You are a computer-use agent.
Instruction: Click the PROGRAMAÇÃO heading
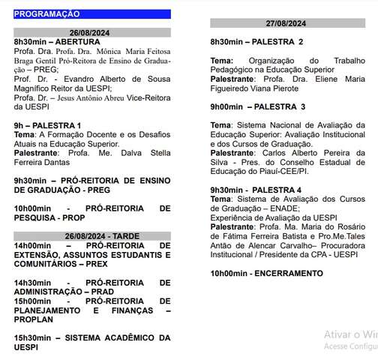(46, 13)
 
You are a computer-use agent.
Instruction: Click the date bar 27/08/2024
(288, 22)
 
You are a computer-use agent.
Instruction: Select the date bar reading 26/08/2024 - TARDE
(92, 235)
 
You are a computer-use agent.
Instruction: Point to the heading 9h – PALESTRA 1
(47, 124)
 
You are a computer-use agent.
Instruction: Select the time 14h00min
(32, 245)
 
